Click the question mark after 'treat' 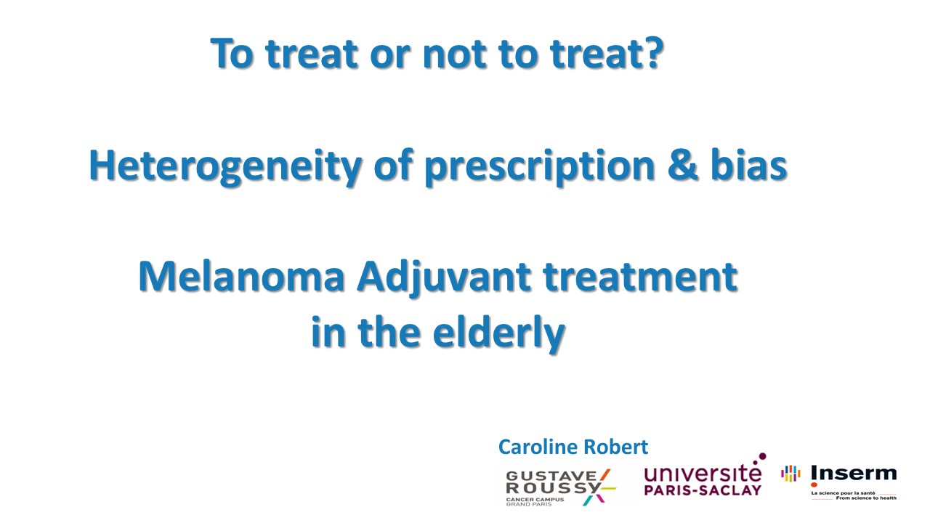coord(652,53)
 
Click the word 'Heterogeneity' coord(225,166)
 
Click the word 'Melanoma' coord(242,277)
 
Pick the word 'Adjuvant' coord(443,278)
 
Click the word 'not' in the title coord(454,54)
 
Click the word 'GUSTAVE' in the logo coord(551,476)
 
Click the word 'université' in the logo coord(703,472)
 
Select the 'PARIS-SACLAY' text coord(703,490)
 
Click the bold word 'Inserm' coord(853,473)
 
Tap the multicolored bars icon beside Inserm coord(790,473)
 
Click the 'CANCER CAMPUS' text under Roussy coord(535,499)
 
